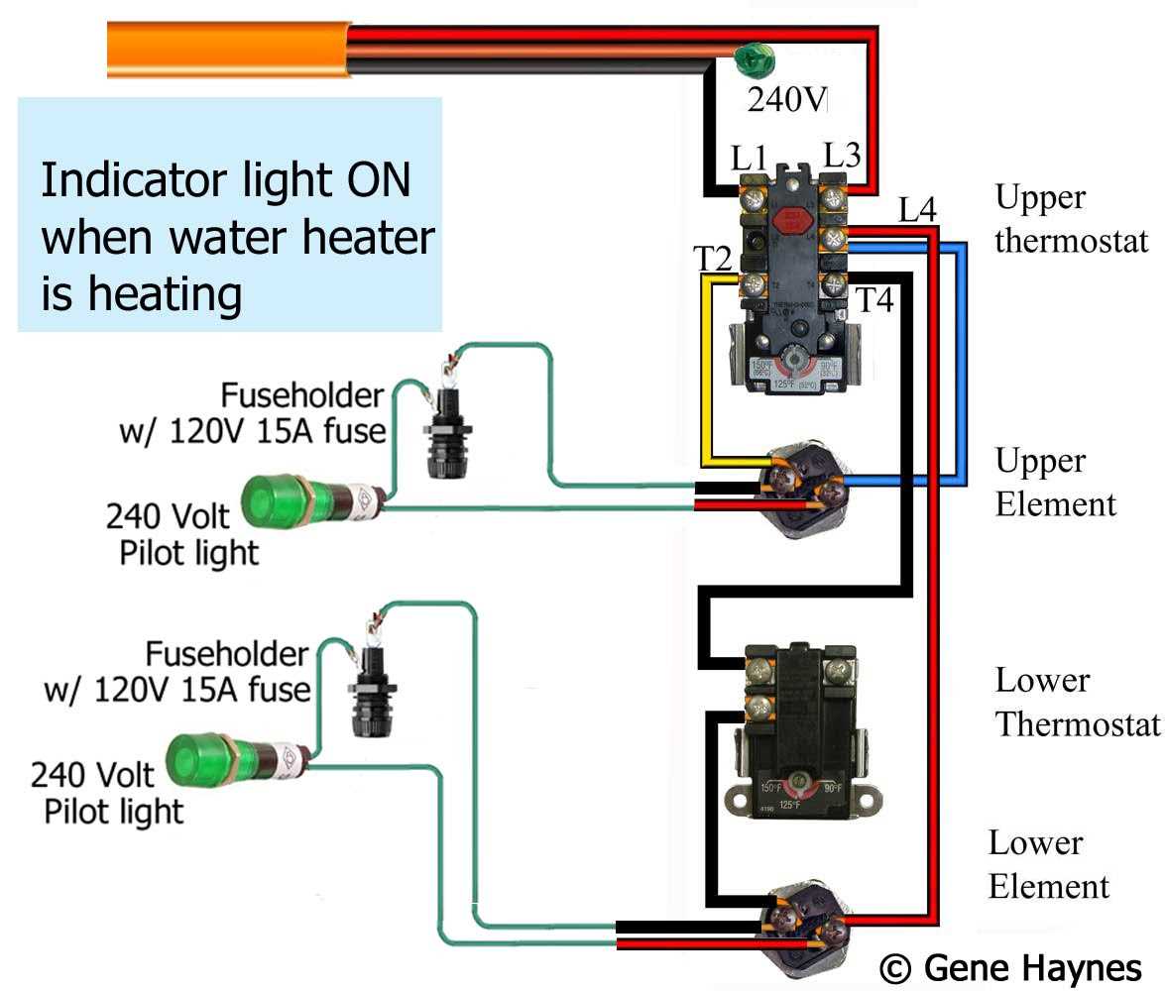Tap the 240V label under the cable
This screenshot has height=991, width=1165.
point(787,99)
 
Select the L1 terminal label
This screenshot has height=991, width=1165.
point(750,157)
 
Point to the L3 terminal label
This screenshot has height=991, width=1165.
point(841,156)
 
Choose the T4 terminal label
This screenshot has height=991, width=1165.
point(874,299)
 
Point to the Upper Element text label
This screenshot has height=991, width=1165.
point(1055,482)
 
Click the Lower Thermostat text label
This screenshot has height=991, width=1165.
point(1077,702)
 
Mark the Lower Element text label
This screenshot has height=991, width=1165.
point(1048,863)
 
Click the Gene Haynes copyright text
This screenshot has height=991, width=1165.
point(1010,966)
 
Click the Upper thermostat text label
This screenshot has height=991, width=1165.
point(1071,218)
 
